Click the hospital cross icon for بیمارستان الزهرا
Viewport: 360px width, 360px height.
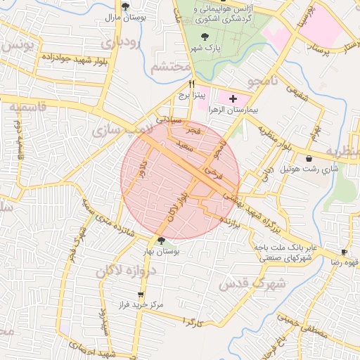233,99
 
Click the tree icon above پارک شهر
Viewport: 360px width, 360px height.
205,37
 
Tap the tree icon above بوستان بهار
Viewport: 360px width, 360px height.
161,240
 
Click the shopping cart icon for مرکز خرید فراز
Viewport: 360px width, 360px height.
141,295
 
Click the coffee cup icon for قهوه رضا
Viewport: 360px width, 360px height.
344,252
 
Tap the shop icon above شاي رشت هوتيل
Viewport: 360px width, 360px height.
310,159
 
